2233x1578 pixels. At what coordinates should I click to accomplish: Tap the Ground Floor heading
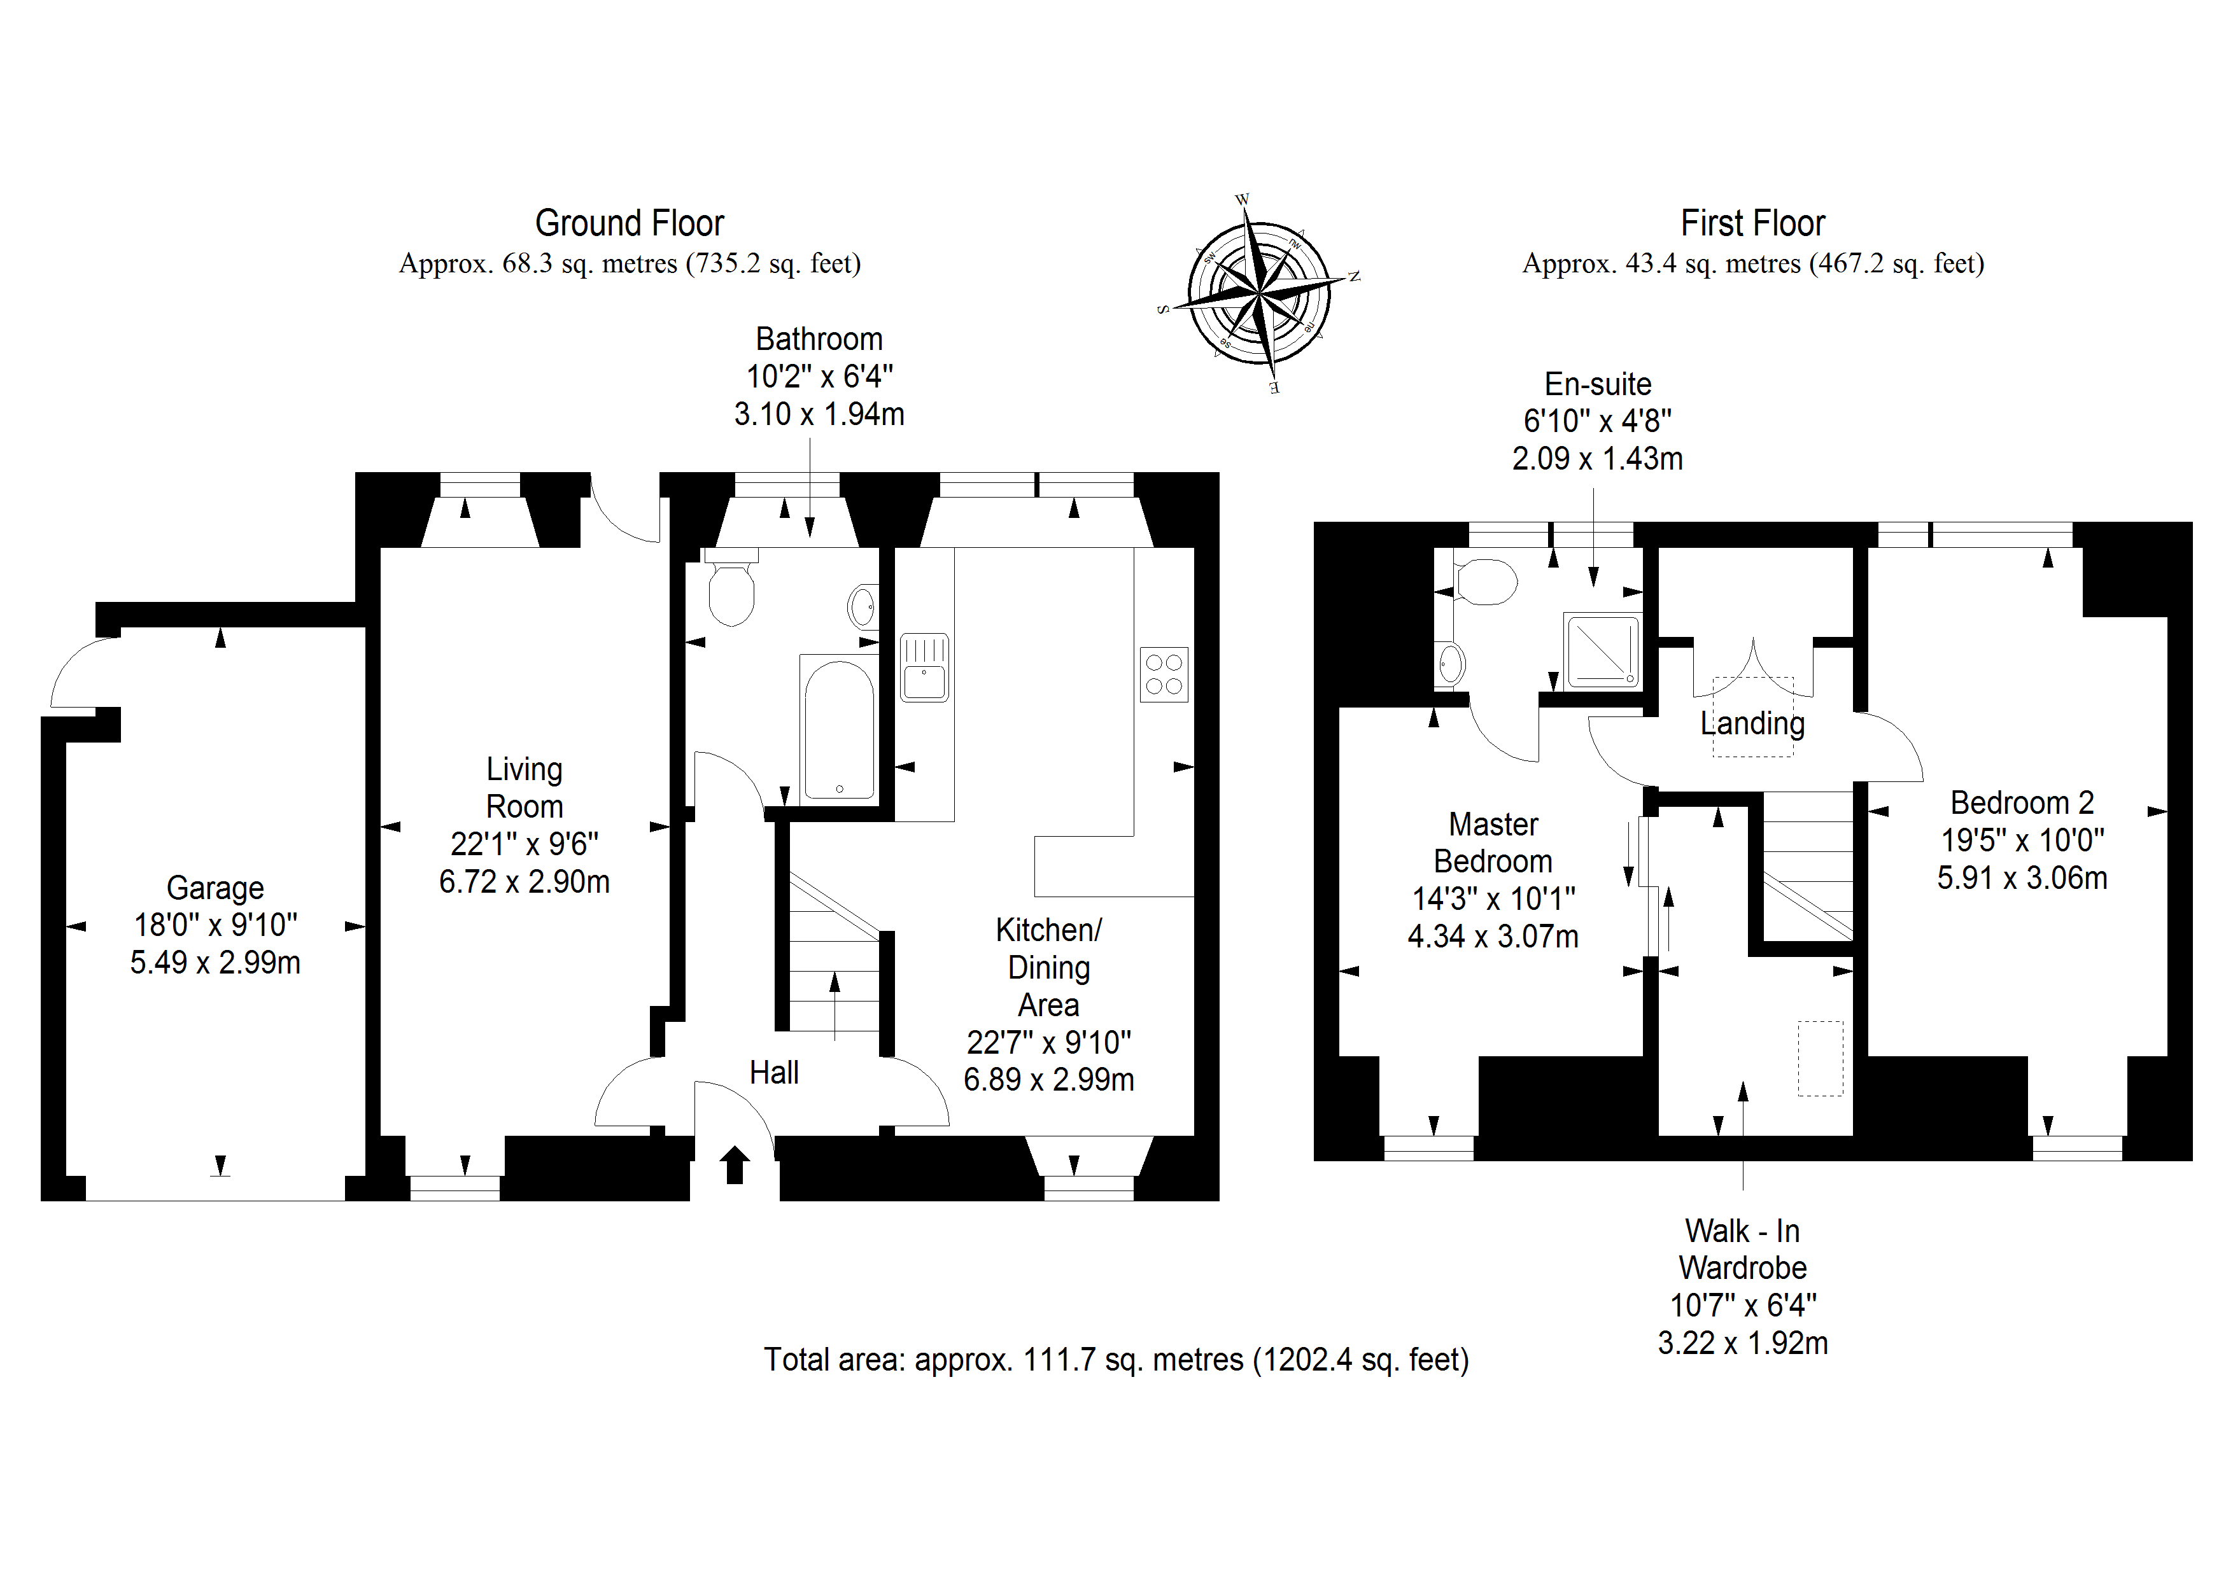click(x=630, y=223)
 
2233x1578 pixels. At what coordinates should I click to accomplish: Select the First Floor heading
click(x=1752, y=223)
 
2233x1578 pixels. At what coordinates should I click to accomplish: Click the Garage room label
click(x=215, y=888)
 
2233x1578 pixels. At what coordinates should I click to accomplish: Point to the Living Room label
click(x=525, y=788)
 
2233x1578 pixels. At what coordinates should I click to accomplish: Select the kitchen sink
click(x=924, y=668)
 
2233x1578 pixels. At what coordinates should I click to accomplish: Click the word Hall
click(x=774, y=1072)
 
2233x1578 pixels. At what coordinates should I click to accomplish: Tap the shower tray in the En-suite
click(x=1601, y=650)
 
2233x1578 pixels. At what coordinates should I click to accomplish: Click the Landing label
click(x=1752, y=723)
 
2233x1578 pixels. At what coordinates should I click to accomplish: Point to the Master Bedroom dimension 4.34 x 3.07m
click(x=1493, y=936)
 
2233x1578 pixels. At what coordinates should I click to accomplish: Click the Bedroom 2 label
click(x=2022, y=803)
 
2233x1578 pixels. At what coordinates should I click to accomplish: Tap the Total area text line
click(x=1115, y=1359)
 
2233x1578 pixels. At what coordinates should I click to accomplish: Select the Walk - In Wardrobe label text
click(x=1743, y=1250)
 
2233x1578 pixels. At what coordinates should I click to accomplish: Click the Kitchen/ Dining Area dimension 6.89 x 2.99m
click(x=1048, y=1079)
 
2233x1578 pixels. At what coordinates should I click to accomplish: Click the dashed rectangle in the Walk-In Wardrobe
click(x=1820, y=1058)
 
